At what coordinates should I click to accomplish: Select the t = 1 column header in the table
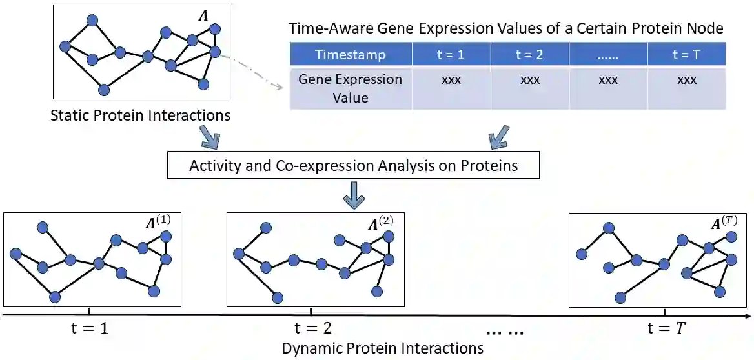click(451, 55)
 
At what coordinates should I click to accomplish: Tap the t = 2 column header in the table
click(529, 55)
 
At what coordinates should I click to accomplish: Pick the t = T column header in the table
click(686, 55)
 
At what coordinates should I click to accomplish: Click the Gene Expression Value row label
click(351, 89)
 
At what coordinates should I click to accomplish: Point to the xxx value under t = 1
click(451, 81)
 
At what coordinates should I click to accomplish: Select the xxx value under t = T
click(686, 81)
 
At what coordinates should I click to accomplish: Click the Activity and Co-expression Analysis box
click(353, 165)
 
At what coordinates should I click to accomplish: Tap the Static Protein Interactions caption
click(140, 116)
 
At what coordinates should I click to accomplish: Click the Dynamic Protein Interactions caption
click(382, 348)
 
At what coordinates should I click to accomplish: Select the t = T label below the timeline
click(666, 328)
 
